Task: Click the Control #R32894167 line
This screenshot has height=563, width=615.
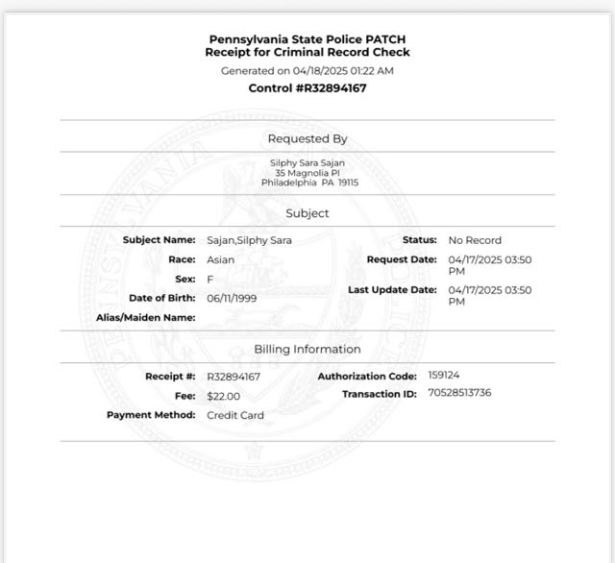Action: (307, 88)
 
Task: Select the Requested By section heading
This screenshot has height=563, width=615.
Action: (307, 139)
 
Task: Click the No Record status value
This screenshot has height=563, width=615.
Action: (475, 240)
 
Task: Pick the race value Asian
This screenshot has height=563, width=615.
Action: (220, 259)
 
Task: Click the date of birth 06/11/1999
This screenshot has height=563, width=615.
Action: (232, 298)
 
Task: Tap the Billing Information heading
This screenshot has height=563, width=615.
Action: (307, 349)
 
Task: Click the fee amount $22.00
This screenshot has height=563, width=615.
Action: (223, 396)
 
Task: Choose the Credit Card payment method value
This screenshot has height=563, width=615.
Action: (235, 415)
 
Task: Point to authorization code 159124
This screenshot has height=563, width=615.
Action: (445, 375)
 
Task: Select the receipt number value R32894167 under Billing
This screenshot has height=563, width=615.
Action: (234, 377)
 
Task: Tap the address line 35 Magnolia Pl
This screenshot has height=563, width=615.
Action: (307, 173)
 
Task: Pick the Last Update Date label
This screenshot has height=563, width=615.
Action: (392, 289)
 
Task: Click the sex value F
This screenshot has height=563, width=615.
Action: (210, 279)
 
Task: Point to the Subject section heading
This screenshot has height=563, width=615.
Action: (307, 213)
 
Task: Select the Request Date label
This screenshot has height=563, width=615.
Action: (402, 259)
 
